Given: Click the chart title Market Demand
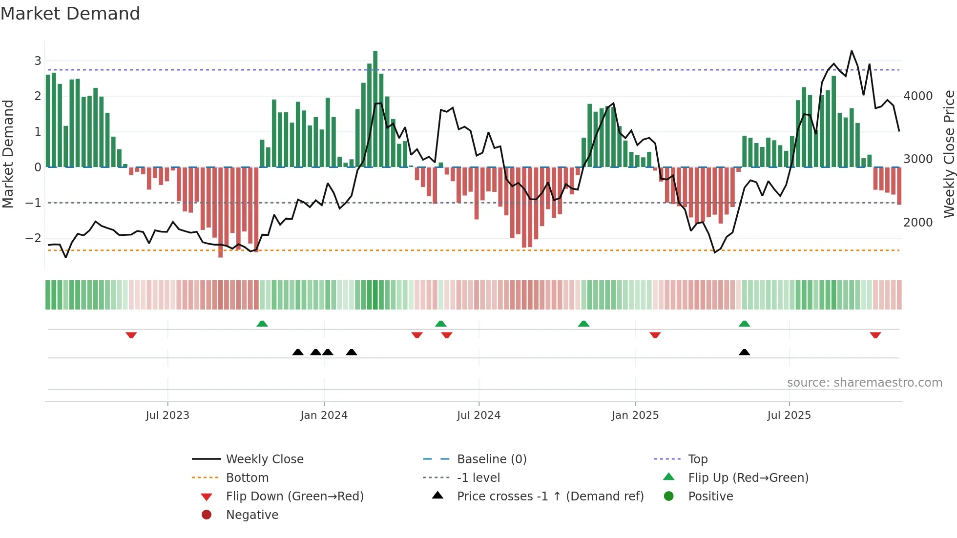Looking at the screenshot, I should (70, 14).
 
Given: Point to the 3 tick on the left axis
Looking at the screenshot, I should (38, 61).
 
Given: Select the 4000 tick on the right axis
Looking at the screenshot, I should (918, 96).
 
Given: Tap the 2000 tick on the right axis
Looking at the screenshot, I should (918, 223).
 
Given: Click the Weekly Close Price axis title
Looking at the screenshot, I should (949, 154).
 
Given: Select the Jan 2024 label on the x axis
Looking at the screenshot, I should (324, 415).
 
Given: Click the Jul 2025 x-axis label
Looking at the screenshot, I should (789, 415).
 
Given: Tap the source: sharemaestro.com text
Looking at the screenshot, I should (864, 383).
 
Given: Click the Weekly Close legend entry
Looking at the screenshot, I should (264, 459).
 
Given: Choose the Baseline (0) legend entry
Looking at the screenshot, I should (491, 459).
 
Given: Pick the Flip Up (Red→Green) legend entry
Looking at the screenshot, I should (748, 478).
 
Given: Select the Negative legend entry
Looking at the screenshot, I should (252, 515).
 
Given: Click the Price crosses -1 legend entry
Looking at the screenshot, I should (550, 497).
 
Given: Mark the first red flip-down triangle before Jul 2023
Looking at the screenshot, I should (131, 335).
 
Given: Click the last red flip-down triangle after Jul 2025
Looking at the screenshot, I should (875, 335).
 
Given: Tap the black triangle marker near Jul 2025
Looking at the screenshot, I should (744, 352).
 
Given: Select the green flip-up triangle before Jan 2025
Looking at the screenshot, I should (583, 324).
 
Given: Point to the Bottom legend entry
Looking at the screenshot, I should (247, 478).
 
